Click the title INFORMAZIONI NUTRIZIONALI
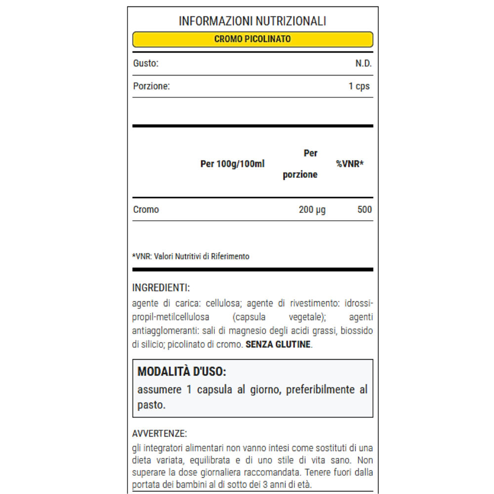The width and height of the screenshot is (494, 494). [252, 21]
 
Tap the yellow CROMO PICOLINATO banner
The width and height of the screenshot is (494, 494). [252, 39]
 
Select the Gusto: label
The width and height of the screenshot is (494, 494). [145, 64]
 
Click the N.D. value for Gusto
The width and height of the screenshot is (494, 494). [363, 64]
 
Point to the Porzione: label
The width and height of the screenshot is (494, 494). [151, 86]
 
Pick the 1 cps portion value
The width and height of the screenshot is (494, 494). [359, 86]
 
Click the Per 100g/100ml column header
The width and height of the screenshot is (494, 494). [232, 164]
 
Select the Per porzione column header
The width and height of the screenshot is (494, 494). [300, 164]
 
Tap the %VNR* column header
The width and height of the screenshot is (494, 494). [350, 164]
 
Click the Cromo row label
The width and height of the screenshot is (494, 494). [146, 209]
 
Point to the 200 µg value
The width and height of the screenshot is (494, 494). [312, 209]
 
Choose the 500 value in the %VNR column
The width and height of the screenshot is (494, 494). [365, 209]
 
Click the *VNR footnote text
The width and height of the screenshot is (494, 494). [191, 256]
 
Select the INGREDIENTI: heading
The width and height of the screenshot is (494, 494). [161, 288]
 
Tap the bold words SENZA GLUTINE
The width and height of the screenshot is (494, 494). [279, 344]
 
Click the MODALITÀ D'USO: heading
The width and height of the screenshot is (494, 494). [181, 371]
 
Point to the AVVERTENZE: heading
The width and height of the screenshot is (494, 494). [160, 434]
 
